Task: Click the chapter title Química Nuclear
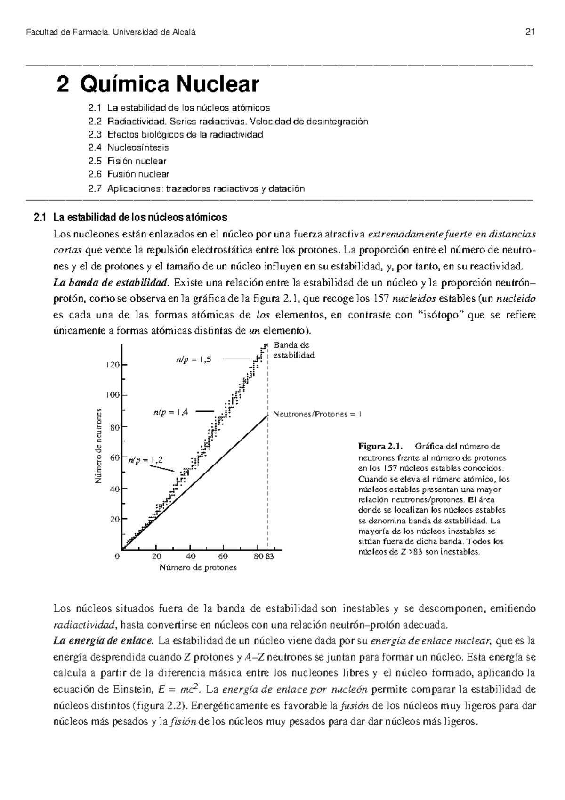[x=169, y=85]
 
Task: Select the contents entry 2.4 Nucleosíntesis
[x=128, y=148]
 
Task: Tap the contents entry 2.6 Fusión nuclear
[x=129, y=175]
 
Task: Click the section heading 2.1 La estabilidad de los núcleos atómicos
[x=131, y=218]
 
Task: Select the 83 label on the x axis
[x=270, y=557]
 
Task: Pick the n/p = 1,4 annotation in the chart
[x=171, y=412]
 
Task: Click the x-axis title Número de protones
[x=198, y=568]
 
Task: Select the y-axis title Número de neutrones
[x=98, y=446]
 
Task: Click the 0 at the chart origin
[x=117, y=557]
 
